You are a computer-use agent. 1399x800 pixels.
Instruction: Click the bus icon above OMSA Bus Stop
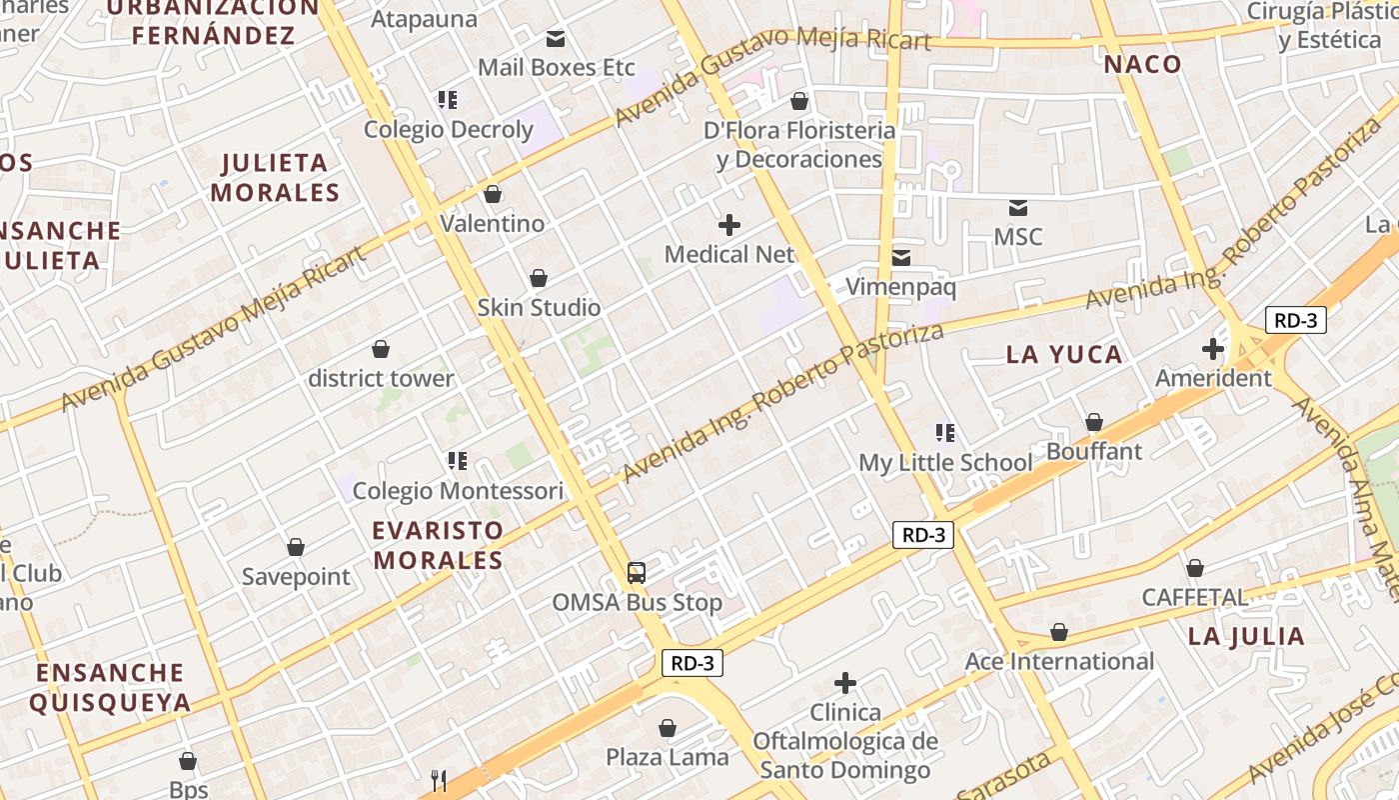click(x=637, y=573)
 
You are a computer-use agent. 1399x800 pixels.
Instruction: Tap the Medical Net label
click(x=729, y=254)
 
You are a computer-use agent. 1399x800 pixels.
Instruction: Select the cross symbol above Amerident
click(x=1213, y=349)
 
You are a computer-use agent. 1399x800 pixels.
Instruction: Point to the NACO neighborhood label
click(x=1142, y=64)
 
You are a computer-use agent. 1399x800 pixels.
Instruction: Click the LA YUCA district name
click(x=1064, y=354)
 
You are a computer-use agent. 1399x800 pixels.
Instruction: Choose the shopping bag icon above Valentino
click(x=492, y=194)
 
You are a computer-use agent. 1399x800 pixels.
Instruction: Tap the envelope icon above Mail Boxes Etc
click(x=556, y=39)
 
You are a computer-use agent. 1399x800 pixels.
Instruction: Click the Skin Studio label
click(x=539, y=307)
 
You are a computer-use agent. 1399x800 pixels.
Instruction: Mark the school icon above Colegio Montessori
click(x=458, y=461)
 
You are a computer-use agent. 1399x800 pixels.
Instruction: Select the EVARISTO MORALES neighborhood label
click(x=439, y=545)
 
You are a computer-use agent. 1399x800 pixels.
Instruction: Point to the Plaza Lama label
click(x=668, y=757)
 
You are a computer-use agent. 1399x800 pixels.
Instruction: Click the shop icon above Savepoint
click(x=296, y=547)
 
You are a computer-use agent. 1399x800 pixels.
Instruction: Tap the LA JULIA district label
click(x=1246, y=636)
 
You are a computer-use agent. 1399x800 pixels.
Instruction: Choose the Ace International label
click(x=1059, y=661)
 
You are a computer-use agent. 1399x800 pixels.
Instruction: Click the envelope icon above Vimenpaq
click(x=901, y=258)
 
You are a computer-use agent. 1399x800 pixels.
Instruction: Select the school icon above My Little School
click(x=945, y=433)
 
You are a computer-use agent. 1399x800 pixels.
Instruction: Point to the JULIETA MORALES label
click(x=275, y=177)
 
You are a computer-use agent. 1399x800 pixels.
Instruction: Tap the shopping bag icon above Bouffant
click(x=1094, y=422)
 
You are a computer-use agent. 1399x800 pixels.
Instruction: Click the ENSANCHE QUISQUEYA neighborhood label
click(x=110, y=687)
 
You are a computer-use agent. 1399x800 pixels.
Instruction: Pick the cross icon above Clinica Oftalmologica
click(x=845, y=683)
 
